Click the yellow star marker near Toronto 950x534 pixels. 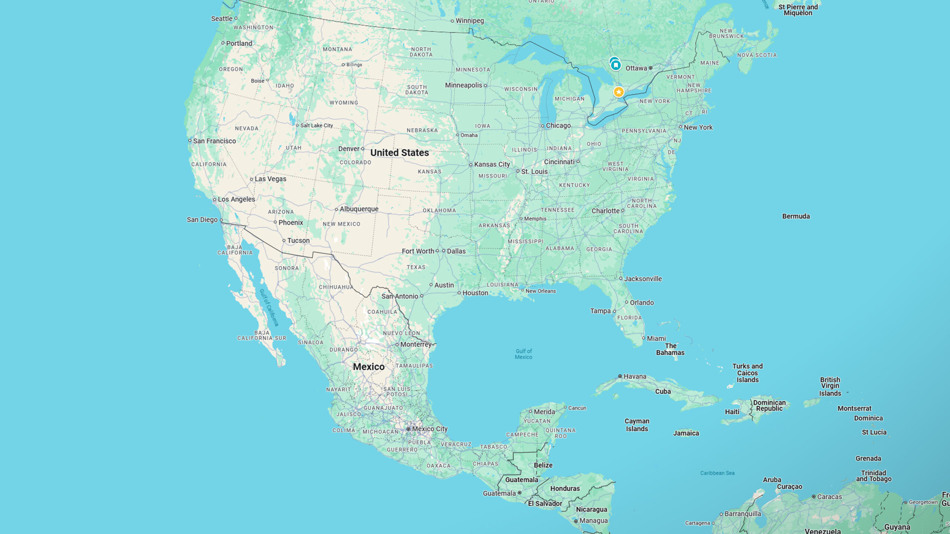click(x=618, y=92)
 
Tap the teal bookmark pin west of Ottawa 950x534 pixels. click(x=616, y=65)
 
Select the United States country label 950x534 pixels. click(x=399, y=153)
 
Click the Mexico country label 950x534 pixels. click(x=368, y=367)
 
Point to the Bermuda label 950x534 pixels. click(x=796, y=216)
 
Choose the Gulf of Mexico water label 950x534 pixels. click(x=523, y=354)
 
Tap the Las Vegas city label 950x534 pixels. click(x=270, y=179)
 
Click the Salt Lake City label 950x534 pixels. click(x=317, y=125)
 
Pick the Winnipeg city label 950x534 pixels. click(x=469, y=21)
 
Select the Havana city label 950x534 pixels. click(x=635, y=376)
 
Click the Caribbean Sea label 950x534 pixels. click(x=717, y=473)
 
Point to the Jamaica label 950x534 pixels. click(x=686, y=433)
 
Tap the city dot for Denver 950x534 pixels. click(x=363, y=149)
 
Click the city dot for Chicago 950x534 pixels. click(x=542, y=126)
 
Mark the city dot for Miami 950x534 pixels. click(x=643, y=338)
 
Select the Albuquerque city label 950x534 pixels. click(x=359, y=209)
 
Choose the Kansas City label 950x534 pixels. click(x=492, y=164)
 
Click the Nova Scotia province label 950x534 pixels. click(x=757, y=55)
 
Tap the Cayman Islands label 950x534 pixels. click(x=637, y=425)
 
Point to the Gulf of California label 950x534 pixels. click(x=269, y=308)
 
